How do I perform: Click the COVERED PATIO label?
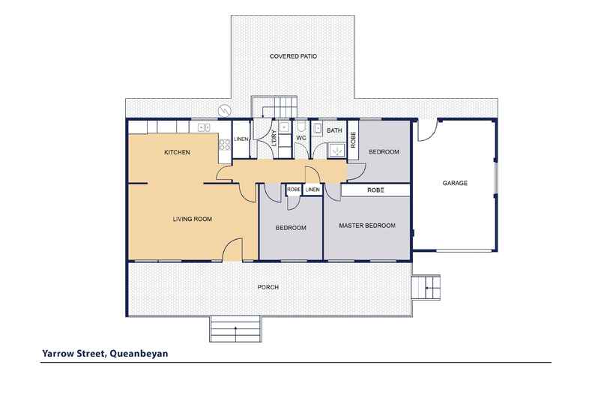pos(293,56)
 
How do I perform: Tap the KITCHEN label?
pos(177,152)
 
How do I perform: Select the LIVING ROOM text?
pos(192,219)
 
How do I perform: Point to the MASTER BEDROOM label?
pos(367,226)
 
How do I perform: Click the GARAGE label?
pos(455,183)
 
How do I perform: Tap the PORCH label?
pos(268,287)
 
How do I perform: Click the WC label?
pos(301,138)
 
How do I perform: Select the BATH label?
pos(334,130)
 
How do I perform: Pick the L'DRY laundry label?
pos(274,138)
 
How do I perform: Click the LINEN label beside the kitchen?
pos(241,139)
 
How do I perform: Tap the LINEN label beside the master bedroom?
pos(312,190)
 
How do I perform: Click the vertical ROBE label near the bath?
pos(353,139)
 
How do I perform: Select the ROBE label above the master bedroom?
pos(375,190)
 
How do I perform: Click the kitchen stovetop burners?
pos(225,145)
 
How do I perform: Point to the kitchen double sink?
pos(205,127)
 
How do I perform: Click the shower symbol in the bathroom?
pos(336,151)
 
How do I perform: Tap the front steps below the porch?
pos(235,329)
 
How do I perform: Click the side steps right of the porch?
pos(426,288)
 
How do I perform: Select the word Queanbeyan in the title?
pos(139,354)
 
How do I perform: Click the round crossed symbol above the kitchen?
pos(224,111)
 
